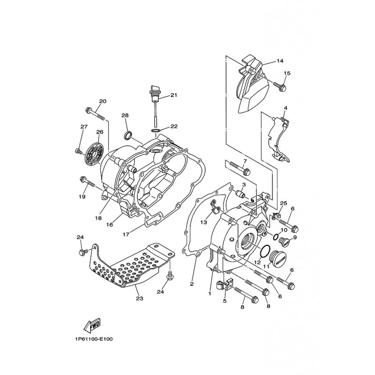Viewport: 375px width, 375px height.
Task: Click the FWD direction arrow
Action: (92, 326)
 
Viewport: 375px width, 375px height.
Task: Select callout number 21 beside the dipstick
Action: (173, 95)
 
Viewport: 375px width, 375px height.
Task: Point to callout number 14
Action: (280, 61)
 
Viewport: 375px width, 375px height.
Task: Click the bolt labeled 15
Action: (280, 87)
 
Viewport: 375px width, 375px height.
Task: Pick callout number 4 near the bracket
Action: (285, 108)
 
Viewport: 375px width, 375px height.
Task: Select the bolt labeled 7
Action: (240, 168)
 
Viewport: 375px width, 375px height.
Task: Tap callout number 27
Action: (84, 127)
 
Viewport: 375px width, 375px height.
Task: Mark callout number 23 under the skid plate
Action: (139, 298)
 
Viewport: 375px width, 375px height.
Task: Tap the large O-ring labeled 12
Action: (265, 251)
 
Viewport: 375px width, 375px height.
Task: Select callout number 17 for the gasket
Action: (126, 234)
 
